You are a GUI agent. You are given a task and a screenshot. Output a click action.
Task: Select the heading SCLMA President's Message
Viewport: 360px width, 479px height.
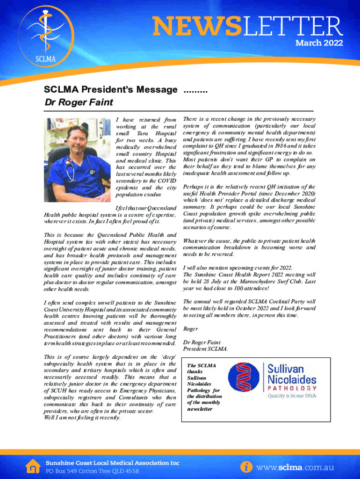(111, 89)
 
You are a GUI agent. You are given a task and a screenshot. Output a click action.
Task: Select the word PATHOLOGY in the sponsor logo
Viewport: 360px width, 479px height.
(292, 388)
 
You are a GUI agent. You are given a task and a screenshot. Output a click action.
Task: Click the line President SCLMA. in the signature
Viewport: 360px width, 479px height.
(205, 349)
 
